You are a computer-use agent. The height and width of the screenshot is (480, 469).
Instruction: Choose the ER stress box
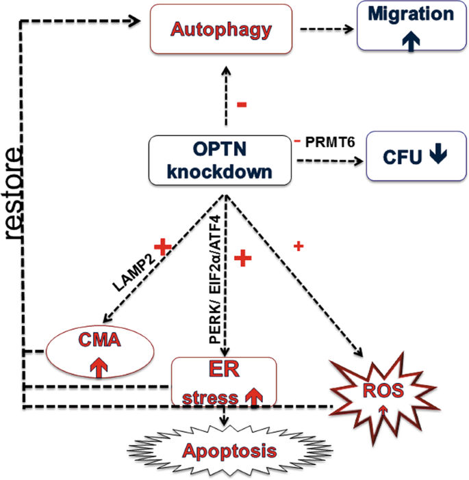tap(223, 380)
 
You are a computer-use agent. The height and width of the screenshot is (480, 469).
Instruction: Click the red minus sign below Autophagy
tap(241, 105)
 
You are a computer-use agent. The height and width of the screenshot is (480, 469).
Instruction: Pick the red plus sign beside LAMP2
tap(162, 248)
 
